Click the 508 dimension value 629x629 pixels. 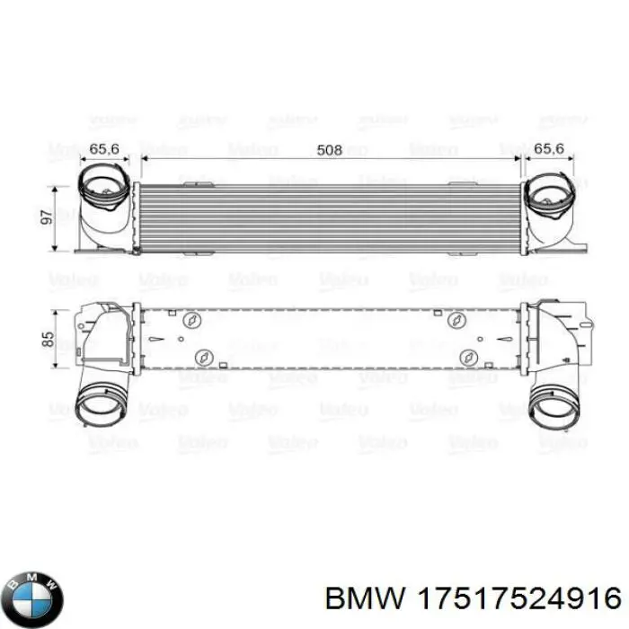point(331,149)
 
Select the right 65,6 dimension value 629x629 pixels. point(551,149)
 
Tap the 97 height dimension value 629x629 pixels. point(46,218)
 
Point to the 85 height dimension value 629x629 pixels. point(46,340)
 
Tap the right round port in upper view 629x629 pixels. point(551,195)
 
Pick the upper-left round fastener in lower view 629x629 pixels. point(190,321)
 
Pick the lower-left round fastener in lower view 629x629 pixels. point(205,358)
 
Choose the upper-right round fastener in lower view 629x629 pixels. point(455,321)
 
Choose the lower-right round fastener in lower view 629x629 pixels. point(467,358)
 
